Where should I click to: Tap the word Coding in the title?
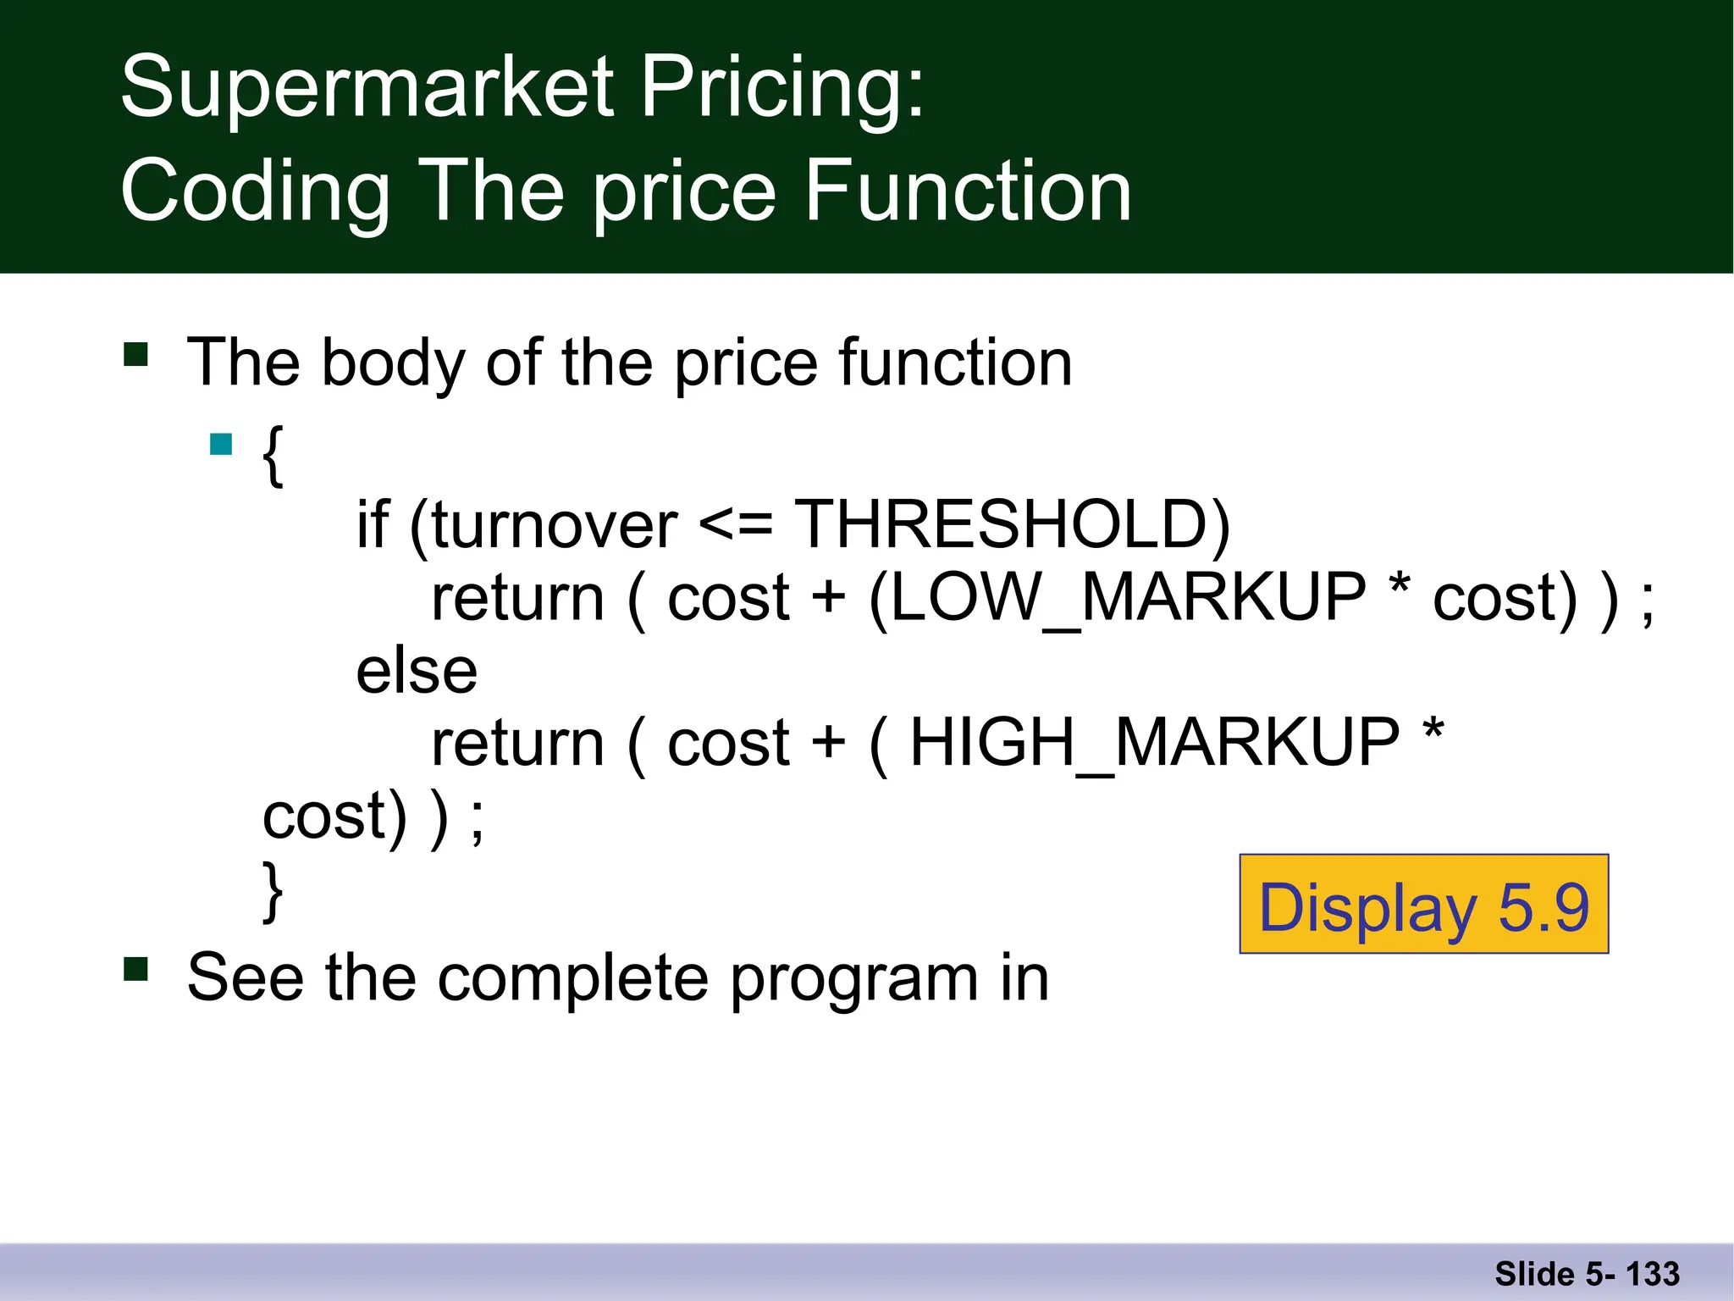click(x=255, y=193)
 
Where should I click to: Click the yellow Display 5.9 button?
click(x=1423, y=905)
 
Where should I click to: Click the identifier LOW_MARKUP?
click(x=1128, y=598)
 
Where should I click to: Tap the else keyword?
click(x=417, y=671)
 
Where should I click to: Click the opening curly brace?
click(x=273, y=456)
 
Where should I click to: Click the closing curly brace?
click(x=273, y=891)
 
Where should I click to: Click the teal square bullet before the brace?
click(x=221, y=445)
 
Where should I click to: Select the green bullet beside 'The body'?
click(x=135, y=353)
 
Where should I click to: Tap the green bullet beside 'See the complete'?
click(x=135, y=968)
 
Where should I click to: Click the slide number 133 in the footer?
click(x=1652, y=1274)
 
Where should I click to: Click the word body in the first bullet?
click(x=393, y=363)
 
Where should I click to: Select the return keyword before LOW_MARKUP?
click(x=518, y=598)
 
